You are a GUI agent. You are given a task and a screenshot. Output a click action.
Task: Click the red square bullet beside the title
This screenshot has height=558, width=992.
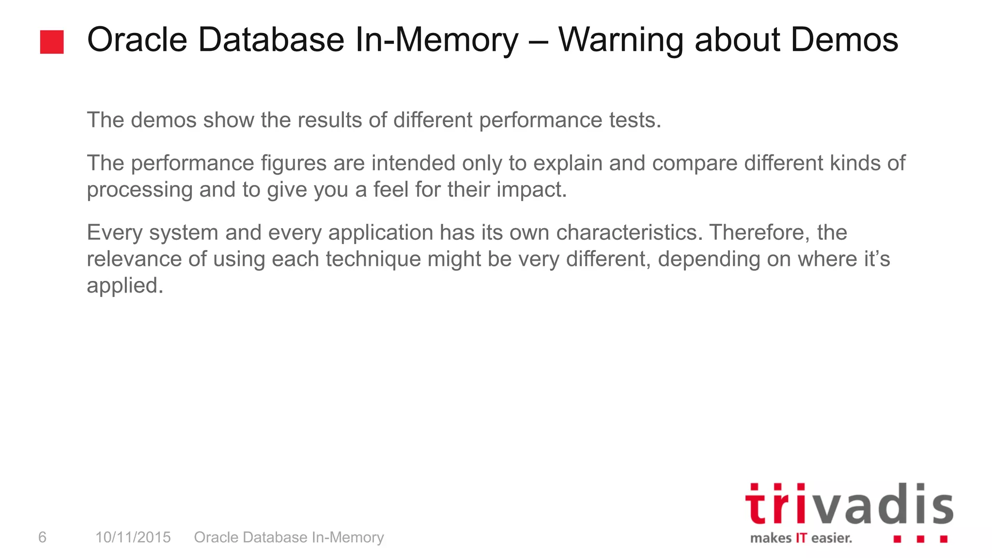52,42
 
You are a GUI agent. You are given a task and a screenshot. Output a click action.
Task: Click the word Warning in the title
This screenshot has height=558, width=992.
620,40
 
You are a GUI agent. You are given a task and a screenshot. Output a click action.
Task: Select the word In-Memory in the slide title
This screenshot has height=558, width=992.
436,40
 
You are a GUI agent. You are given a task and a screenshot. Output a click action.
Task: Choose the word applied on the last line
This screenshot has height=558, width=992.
125,286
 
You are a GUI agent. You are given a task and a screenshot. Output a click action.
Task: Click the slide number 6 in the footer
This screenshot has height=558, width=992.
43,537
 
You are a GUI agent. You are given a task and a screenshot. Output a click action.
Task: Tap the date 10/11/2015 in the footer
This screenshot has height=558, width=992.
133,537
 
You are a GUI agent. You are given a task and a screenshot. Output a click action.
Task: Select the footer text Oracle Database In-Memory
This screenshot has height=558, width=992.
289,537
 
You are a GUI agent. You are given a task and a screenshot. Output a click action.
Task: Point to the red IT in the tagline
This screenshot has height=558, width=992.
801,538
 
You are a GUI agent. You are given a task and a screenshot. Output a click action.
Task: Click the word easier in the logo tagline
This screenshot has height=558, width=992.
831,538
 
